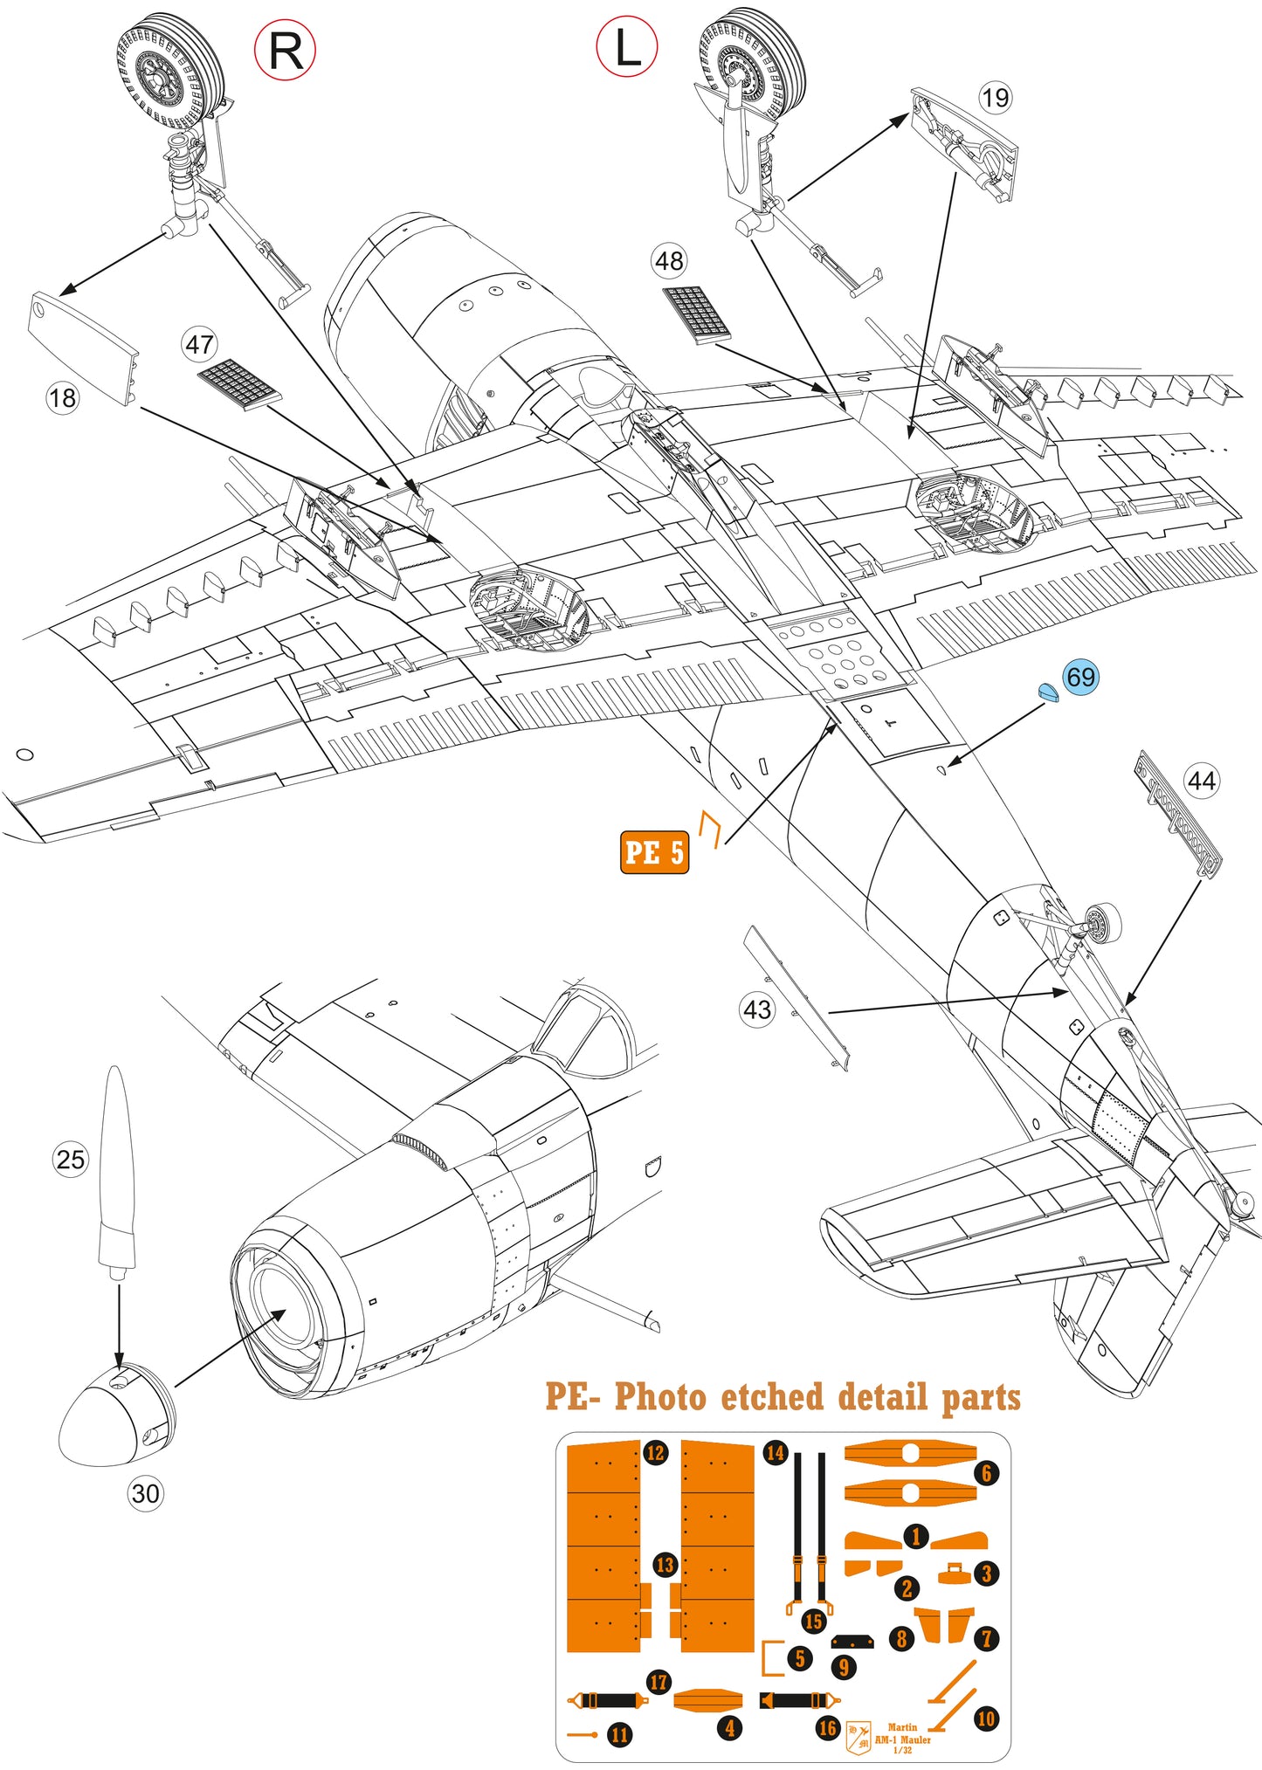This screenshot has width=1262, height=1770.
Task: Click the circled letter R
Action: pos(285,51)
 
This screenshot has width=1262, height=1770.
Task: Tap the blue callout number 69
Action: pos(1080,677)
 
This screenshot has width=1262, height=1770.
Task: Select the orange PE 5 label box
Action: pos(654,852)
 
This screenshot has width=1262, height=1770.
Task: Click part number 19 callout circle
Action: pos(995,97)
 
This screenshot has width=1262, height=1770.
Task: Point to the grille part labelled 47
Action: pos(238,384)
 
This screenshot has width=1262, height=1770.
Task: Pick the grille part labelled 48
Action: pos(696,313)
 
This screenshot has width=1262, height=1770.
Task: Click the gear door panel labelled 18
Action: pos(83,348)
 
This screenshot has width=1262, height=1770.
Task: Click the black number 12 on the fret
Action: pos(655,1452)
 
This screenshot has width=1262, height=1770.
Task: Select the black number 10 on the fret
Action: pos(985,1718)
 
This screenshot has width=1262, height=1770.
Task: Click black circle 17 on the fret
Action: pos(659,1681)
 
